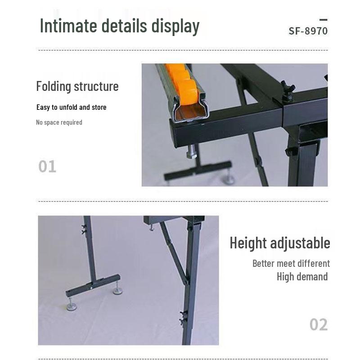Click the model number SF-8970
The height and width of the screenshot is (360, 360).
pyautogui.click(x=308, y=31)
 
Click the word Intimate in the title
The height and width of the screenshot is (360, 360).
pyautogui.click(x=68, y=26)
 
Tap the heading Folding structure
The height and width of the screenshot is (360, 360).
pyautogui.click(x=77, y=86)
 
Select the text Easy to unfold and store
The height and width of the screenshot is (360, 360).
pyautogui.click(x=72, y=107)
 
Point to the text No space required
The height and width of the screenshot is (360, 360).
pyautogui.click(x=59, y=122)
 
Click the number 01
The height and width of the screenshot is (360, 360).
pyautogui.click(x=47, y=166)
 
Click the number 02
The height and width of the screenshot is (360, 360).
pyautogui.click(x=319, y=324)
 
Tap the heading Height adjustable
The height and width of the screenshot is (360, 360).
pyautogui.click(x=280, y=243)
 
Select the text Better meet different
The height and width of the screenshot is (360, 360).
pyautogui.click(x=291, y=263)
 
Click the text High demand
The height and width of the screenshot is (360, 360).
pyautogui.click(x=302, y=277)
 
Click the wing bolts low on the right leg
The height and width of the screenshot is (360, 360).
pyautogui.click(x=184, y=318)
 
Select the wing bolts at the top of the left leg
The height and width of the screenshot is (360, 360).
pyautogui.click(x=84, y=229)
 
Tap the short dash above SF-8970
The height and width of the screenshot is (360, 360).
pyautogui.click(x=324, y=20)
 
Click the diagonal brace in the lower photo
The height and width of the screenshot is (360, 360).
pyautogui.click(x=175, y=253)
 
